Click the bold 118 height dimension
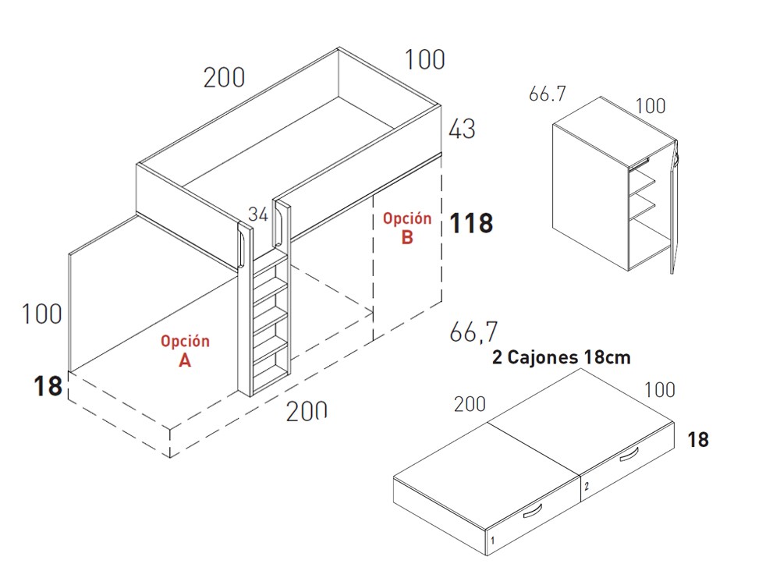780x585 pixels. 471,223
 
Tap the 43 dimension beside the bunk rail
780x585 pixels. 462,129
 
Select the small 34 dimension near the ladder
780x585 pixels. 258,214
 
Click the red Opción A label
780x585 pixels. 185,350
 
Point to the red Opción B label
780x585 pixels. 407,228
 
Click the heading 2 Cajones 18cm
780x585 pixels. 561,357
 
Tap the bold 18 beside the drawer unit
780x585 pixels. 698,440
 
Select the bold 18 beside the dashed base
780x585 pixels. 48,386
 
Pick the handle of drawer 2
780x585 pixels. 629,455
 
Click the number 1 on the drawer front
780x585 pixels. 492,540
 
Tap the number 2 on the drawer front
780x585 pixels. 587,486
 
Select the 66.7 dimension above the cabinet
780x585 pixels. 548,94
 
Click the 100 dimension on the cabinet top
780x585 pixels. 651,106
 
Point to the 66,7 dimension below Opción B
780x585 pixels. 473,331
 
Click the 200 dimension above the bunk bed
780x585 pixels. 225,77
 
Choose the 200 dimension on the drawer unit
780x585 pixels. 470,404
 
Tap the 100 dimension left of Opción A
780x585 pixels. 42,314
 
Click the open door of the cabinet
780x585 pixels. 674,207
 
